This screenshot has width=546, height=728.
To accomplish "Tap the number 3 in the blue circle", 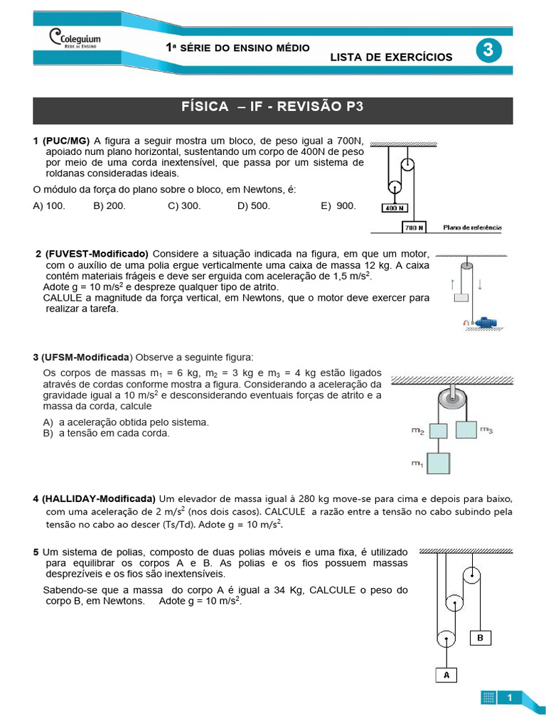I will (x=488, y=50).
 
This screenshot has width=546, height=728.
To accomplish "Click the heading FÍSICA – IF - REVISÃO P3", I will (x=272, y=107).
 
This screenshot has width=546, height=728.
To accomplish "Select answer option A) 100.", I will (x=49, y=205).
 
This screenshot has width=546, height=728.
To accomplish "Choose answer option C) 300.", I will (x=184, y=205).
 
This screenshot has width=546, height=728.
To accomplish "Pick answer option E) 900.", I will (x=338, y=205).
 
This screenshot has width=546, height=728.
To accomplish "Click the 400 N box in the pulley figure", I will (x=395, y=208).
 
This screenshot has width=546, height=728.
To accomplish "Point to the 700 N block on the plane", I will (x=414, y=227).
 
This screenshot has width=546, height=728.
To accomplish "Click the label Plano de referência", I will (x=472, y=227).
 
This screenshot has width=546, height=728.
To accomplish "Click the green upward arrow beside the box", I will (x=453, y=284).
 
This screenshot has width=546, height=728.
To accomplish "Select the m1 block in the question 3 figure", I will (x=439, y=464).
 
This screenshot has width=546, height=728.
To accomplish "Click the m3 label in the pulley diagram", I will (x=486, y=429).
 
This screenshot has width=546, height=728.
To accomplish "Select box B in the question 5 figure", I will (x=480, y=638).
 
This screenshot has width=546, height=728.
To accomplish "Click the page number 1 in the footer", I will (x=510, y=698).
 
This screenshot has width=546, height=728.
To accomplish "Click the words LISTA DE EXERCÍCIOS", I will (x=391, y=57).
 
